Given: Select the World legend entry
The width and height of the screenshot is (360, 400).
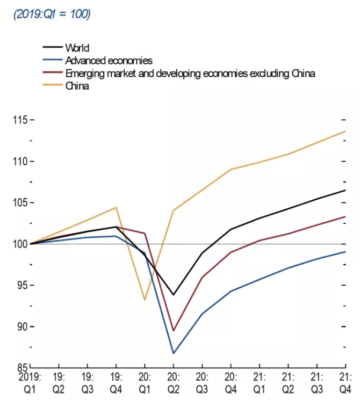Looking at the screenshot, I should point(76,48).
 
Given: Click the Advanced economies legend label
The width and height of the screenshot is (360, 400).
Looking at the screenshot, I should point(109,60).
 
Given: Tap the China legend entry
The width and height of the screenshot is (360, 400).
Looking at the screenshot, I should point(77,85).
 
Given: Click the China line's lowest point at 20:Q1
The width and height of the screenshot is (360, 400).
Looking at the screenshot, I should point(145,300).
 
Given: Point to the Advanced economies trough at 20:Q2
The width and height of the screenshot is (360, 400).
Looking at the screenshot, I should point(174,353).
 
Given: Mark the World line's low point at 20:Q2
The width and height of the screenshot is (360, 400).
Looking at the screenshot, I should point(174,295).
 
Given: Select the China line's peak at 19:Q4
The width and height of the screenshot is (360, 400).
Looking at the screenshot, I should point(116,207).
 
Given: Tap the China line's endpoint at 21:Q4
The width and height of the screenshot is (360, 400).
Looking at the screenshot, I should point(345,131).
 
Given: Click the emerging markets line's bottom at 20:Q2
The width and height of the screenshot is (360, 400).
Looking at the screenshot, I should point(174,331).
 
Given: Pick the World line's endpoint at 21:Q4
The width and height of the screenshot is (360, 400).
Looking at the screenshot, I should point(345,190).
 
